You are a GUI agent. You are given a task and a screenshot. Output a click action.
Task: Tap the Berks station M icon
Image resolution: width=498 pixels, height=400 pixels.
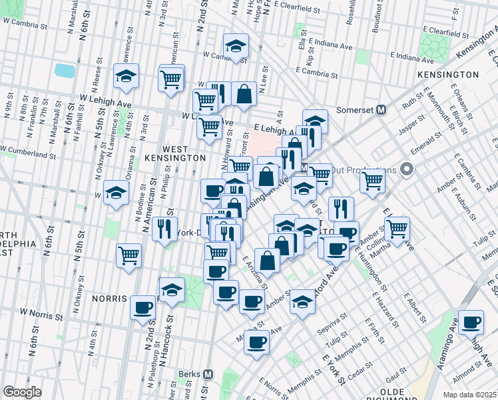208,375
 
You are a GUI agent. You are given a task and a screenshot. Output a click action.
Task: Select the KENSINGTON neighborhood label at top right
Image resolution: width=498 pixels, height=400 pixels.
448,75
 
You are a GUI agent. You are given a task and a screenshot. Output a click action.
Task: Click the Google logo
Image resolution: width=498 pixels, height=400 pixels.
22,392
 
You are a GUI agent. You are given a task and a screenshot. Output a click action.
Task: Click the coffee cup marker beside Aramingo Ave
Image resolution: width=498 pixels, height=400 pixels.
471,323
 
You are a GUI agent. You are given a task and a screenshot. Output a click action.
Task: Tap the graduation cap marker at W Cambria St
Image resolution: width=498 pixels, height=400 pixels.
235,46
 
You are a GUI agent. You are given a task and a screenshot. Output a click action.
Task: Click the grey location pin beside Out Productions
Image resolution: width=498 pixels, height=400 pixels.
405,170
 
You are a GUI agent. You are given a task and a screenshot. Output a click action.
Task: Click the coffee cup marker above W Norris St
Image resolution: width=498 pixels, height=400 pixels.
142,308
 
